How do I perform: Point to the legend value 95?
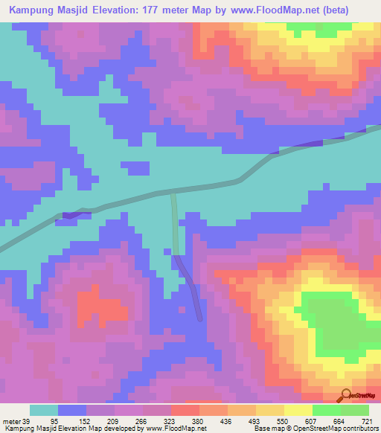point(72,421)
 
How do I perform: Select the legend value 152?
point(100,421)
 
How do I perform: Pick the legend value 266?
point(157,421)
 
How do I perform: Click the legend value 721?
point(369,421)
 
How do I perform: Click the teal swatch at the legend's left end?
point(44,410)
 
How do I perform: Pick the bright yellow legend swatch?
point(298,410)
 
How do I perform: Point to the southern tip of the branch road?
point(199,318)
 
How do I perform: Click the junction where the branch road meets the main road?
point(173,193)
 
